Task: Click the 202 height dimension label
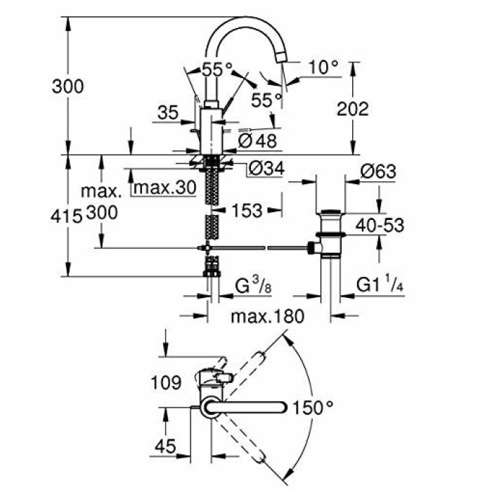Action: (x=353, y=109)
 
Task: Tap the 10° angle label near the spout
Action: (x=323, y=67)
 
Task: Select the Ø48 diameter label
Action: (x=257, y=140)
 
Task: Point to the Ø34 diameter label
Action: (x=265, y=169)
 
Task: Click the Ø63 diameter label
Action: (x=377, y=172)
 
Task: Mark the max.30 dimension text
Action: (x=164, y=188)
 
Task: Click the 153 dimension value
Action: (x=245, y=209)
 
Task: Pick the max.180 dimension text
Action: (x=268, y=317)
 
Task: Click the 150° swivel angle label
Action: (x=313, y=407)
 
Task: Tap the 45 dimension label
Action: (x=167, y=445)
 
